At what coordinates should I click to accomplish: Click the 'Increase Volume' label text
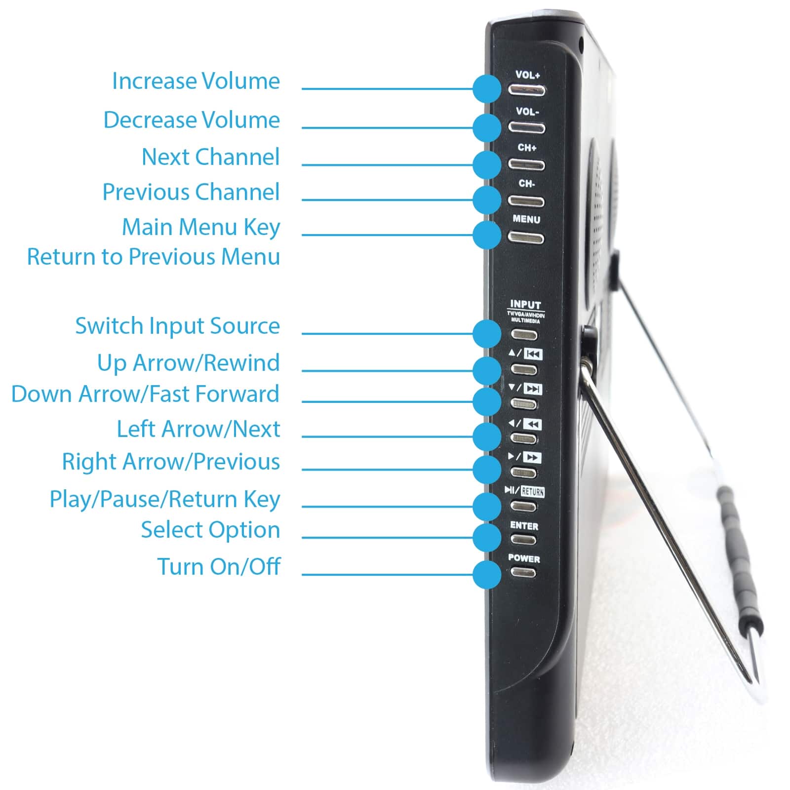[196, 81]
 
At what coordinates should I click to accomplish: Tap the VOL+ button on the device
[527, 91]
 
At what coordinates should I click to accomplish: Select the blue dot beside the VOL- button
[487, 127]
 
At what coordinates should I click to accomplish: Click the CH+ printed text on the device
[527, 148]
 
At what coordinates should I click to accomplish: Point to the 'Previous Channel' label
[191, 192]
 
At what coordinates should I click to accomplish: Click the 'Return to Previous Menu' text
[153, 257]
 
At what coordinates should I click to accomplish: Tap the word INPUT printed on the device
[525, 305]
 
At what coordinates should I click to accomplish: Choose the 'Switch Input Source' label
[177, 326]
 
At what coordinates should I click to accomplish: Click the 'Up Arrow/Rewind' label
[188, 363]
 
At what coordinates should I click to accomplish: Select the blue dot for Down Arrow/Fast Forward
[487, 401]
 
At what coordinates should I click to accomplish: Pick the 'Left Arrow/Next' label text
[198, 429]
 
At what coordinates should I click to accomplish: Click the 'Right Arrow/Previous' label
[170, 462]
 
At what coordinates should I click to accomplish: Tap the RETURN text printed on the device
[532, 492]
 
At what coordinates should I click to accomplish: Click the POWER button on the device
[523, 573]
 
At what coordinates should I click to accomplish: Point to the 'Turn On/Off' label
[219, 567]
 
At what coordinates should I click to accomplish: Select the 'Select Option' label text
[210, 530]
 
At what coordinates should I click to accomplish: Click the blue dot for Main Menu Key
[487, 235]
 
